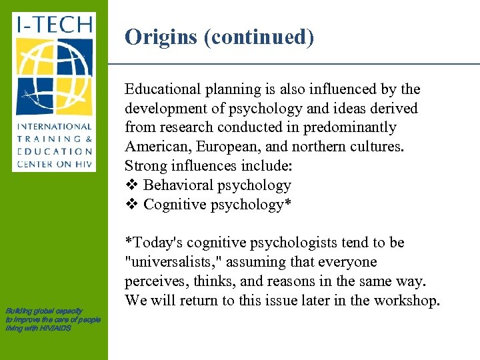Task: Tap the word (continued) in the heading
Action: [259, 37]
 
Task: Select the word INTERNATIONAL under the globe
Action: [54, 126]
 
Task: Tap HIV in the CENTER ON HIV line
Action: [82, 163]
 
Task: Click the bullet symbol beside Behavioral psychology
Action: [131, 185]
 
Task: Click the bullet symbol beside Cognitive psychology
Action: [131, 205]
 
